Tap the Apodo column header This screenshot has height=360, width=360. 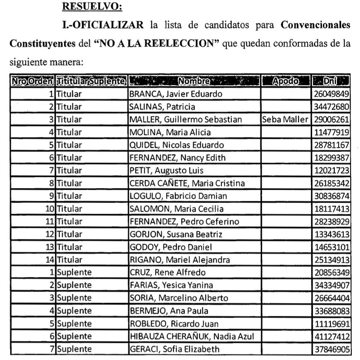click(x=285, y=81)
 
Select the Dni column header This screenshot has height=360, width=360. click(x=331, y=81)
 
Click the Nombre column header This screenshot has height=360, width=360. click(x=195, y=81)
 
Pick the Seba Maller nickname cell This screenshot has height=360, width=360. click(x=285, y=120)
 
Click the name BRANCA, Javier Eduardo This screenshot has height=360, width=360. click(x=169, y=94)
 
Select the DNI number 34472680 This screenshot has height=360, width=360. click(x=331, y=107)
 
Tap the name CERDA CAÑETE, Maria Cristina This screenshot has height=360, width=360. click(x=187, y=183)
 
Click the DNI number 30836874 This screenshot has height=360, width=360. click(x=331, y=196)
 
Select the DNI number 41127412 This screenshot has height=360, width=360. click(x=331, y=336)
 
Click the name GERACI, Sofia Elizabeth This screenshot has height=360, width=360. click(x=174, y=349)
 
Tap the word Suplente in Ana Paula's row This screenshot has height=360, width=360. click(x=74, y=311)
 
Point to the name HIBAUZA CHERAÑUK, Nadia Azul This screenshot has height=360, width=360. click(x=192, y=336)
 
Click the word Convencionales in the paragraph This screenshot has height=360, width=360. click(x=316, y=25)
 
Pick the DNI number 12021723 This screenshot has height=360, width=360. click(x=331, y=171)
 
